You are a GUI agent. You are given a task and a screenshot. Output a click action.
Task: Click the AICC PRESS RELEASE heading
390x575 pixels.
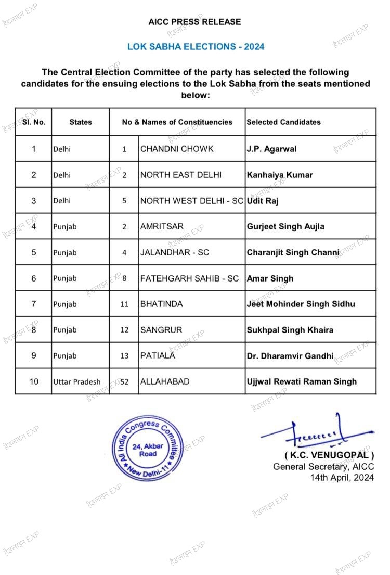tap(195, 22)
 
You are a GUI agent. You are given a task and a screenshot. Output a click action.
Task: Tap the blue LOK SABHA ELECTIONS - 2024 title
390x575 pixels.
tap(196, 47)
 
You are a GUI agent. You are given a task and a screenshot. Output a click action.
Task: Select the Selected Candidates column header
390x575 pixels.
tap(283, 122)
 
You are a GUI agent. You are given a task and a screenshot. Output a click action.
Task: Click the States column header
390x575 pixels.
tap(81, 122)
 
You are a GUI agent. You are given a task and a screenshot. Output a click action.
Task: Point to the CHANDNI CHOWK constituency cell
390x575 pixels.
tap(177, 149)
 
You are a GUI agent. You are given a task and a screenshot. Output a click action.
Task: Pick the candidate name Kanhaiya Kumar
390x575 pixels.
tap(280, 175)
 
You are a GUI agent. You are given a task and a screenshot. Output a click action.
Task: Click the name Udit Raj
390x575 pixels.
tap(263, 201)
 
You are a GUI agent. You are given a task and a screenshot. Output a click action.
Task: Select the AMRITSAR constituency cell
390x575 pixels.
tap(162, 227)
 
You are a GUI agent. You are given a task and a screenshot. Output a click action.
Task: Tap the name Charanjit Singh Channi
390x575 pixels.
tap(293, 252)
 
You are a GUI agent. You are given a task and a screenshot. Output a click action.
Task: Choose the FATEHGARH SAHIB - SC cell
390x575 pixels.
tap(189, 278)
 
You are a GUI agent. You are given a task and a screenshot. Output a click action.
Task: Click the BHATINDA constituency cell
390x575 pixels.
tap(161, 304)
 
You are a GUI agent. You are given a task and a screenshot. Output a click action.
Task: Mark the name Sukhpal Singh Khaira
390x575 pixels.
tap(290, 330)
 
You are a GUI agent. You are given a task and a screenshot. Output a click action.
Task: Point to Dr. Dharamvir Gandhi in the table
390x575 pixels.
tap(290, 356)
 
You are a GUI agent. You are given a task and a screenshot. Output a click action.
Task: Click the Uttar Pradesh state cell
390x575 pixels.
tap(77, 381)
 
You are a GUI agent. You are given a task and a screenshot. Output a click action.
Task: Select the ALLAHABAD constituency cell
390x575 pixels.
tap(164, 381)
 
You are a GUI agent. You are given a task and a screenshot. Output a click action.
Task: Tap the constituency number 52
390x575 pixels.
tap(124, 381)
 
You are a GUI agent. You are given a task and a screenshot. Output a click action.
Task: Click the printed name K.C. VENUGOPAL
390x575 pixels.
tap(329, 456)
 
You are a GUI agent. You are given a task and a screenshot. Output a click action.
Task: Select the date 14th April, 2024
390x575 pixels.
tap(342, 477)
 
